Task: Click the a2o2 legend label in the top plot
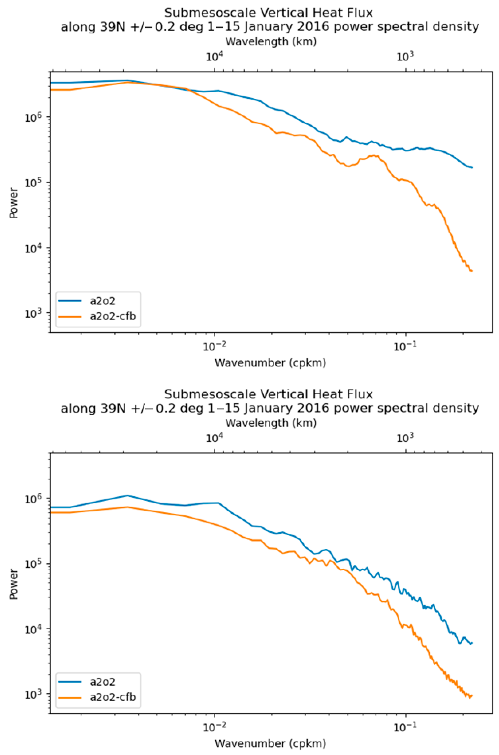102,301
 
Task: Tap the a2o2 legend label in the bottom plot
102,682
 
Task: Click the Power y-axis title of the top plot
13,203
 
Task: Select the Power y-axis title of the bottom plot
13,584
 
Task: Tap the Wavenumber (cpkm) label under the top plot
271,363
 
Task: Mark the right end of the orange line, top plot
472,271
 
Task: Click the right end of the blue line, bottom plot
472,643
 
